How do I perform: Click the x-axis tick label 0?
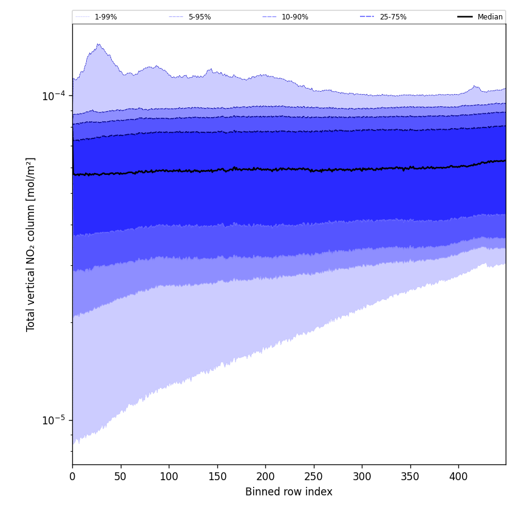click(72, 477)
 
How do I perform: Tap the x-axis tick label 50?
click(120, 477)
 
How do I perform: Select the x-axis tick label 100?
click(169, 477)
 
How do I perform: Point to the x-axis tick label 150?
click(217, 477)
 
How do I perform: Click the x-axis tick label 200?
click(265, 477)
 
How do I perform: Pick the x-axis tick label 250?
click(313, 477)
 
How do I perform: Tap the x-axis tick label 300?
click(362, 477)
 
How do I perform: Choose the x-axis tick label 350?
click(410, 477)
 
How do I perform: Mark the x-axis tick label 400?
click(458, 477)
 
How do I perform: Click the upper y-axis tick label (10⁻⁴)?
click(53, 96)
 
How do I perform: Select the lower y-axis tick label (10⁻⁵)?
click(53, 420)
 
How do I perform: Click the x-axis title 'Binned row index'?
click(289, 492)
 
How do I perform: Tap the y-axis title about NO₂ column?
click(31, 244)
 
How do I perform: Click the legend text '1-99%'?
click(106, 17)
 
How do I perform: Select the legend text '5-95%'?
click(200, 17)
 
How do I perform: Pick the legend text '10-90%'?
click(295, 17)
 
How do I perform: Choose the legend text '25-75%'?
click(393, 17)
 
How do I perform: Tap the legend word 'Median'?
click(490, 17)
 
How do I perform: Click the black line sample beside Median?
click(465, 17)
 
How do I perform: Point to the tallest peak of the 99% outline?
click(98, 44)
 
